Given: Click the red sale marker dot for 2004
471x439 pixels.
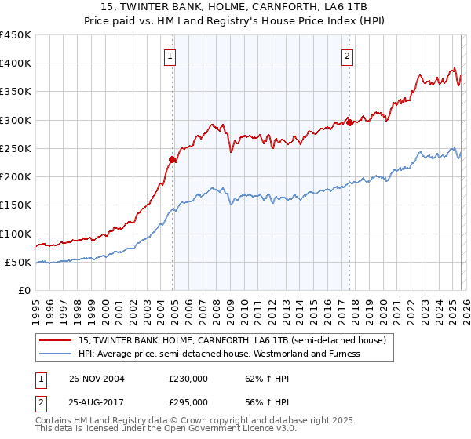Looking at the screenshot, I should click(x=173, y=159).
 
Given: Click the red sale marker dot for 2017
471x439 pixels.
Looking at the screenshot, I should click(x=349, y=122).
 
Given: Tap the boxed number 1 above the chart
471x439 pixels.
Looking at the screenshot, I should click(x=170, y=56).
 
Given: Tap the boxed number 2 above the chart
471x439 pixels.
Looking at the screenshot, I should click(x=347, y=56).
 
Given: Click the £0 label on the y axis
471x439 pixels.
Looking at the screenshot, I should click(x=24, y=290).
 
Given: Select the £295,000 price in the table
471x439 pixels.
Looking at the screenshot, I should click(x=188, y=401).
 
